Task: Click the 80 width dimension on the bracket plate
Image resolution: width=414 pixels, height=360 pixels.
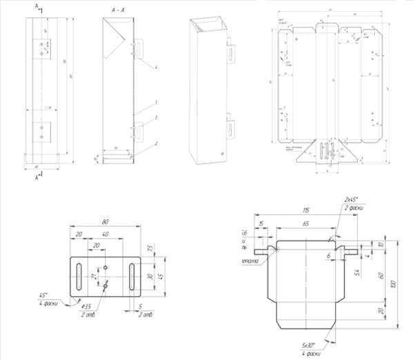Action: (x=106, y=222)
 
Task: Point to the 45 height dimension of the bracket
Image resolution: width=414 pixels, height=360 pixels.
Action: (x=160, y=274)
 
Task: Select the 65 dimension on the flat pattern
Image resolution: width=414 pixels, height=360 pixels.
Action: (x=304, y=225)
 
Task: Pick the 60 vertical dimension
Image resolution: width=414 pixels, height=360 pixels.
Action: (x=382, y=275)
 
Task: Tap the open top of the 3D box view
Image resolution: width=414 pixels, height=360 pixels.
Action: (x=206, y=27)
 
